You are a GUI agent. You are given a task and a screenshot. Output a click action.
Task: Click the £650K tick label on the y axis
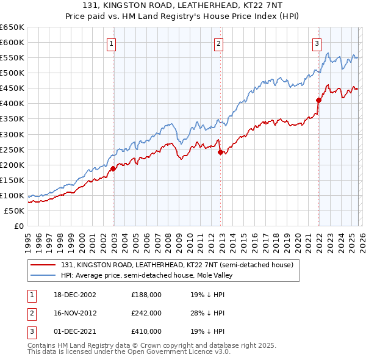pyautogui.click(x=12, y=27)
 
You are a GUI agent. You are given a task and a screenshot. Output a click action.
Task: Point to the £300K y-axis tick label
pyautogui.click(x=12, y=134)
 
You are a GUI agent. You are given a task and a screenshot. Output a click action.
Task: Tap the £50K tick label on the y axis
pyautogui.click(x=15, y=211)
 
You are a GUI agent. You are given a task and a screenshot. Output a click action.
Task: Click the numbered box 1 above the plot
pyautogui.click(x=112, y=43)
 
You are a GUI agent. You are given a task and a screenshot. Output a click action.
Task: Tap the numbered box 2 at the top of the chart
pyautogui.click(x=218, y=43)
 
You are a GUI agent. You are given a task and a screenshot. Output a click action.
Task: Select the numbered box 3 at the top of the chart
pyautogui.click(x=317, y=43)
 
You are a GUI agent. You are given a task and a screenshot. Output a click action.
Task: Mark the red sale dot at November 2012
pyautogui.click(x=220, y=152)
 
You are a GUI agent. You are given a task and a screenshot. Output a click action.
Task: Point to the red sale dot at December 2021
pyautogui.click(x=318, y=100)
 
